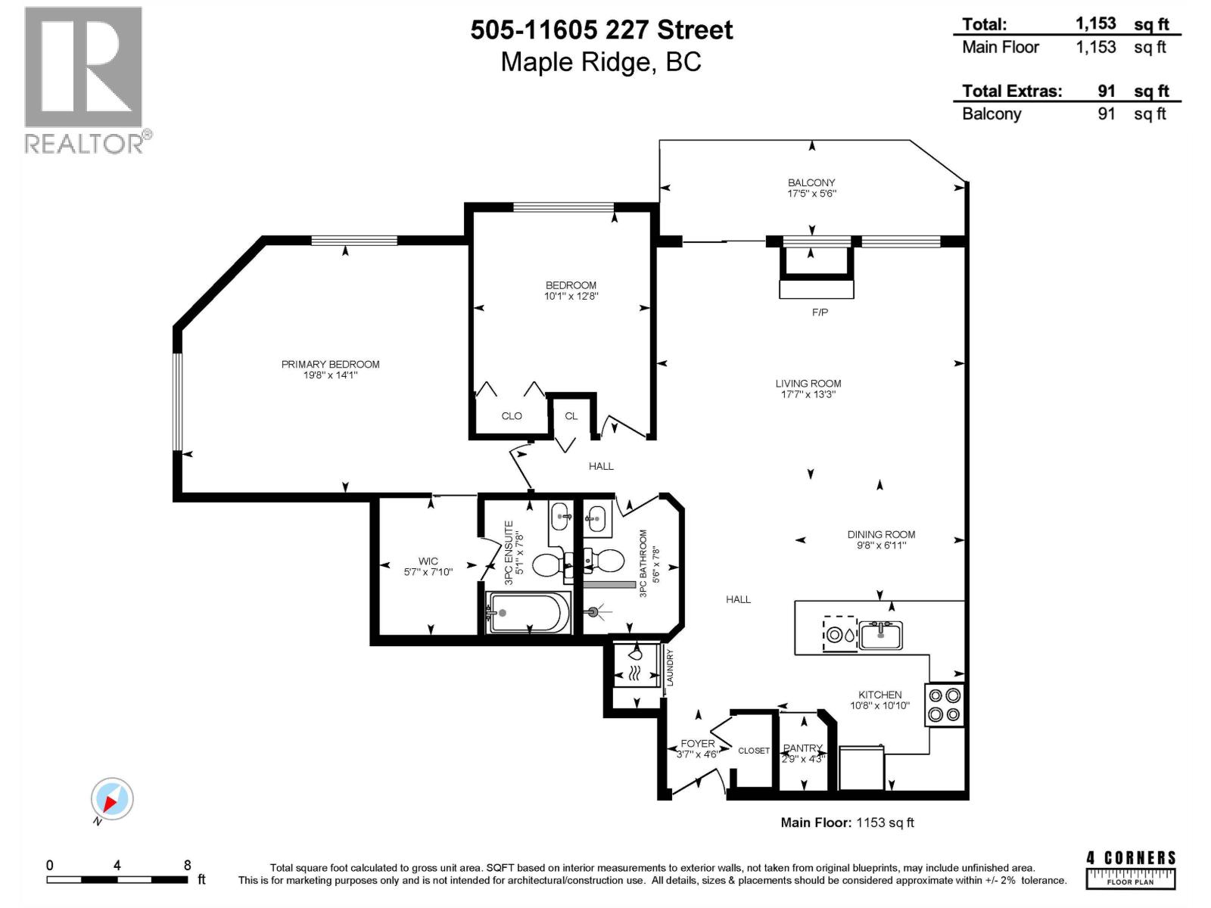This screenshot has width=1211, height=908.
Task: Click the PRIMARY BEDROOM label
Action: coord(330,364)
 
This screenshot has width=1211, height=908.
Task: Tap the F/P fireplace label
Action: coord(820,312)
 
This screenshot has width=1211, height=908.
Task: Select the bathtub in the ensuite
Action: coord(528,612)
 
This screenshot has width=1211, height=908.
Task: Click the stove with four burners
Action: coord(945,704)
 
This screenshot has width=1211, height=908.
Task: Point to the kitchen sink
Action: coord(881,636)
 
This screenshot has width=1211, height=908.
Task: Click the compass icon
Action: coord(112,799)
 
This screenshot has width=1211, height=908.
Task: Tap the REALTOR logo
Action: coord(84,79)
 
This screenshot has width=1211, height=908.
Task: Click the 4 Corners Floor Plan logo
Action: coord(1131,869)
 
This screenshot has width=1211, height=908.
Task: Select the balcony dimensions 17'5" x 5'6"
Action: coord(811,194)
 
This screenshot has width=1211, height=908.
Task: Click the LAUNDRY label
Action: coord(669,667)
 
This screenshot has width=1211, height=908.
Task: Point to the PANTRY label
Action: coord(802,748)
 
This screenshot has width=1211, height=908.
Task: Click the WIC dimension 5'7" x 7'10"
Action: coord(428,572)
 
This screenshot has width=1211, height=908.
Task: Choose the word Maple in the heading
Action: coord(536,61)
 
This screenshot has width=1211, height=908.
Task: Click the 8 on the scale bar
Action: coord(187,865)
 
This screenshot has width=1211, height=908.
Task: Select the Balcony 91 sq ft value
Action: coord(1107,113)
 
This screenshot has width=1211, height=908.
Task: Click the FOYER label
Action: coord(697,743)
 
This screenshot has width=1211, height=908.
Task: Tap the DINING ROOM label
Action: coord(881,534)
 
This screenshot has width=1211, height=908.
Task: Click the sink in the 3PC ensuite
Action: coord(561,517)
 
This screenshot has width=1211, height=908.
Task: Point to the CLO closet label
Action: coord(512,415)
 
